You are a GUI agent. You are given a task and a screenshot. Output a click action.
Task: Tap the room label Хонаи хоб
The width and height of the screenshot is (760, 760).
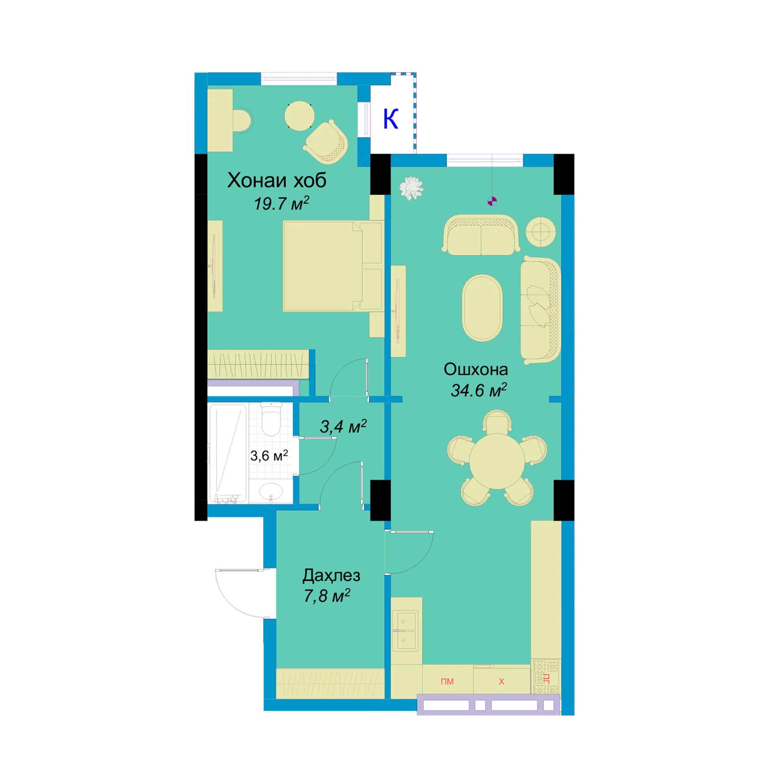[x=277, y=180]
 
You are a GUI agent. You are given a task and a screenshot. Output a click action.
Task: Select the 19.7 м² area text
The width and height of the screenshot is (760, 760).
[x=281, y=203]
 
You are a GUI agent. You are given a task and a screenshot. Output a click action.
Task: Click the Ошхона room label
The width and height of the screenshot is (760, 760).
[x=475, y=369]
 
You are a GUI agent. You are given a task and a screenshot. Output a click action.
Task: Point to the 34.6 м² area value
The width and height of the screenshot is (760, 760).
[x=479, y=390]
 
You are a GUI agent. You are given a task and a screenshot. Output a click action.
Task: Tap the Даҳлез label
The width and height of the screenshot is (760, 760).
[x=331, y=576]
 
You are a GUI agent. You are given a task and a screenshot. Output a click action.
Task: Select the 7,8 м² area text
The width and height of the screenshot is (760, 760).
[x=327, y=596]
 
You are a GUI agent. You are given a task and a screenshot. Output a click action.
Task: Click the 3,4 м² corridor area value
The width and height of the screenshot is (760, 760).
[x=343, y=427]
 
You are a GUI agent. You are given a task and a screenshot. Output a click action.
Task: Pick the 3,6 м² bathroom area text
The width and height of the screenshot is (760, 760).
[x=269, y=456]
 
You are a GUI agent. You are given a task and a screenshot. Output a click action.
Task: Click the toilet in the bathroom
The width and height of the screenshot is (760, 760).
[x=271, y=419]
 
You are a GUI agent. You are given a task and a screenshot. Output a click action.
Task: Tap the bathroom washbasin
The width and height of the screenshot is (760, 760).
[x=271, y=492]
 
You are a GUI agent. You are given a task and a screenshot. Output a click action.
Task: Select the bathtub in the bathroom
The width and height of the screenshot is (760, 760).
[x=228, y=454]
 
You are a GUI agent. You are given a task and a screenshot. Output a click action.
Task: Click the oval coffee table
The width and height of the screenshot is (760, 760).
[x=482, y=308]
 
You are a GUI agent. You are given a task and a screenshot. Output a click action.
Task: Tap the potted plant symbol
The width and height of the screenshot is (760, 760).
[x=411, y=188]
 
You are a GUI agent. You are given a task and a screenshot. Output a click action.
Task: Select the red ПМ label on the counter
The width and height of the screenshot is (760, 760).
[x=447, y=682]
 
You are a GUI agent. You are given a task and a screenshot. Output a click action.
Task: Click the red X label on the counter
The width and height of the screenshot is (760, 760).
[x=502, y=682]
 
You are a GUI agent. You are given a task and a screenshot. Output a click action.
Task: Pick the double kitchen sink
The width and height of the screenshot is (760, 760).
[x=405, y=631]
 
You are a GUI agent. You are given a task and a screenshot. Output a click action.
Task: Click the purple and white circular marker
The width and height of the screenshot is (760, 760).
[x=492, y=201]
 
